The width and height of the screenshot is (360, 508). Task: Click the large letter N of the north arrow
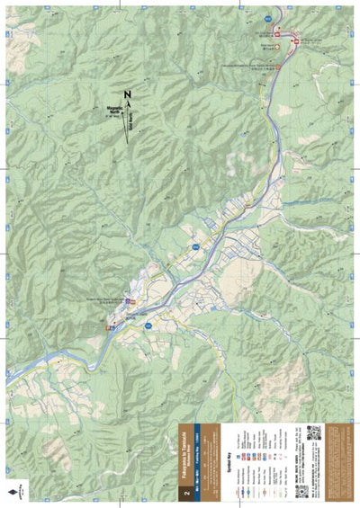127,95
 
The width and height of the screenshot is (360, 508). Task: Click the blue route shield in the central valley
193,245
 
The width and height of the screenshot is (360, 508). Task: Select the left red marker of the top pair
277,34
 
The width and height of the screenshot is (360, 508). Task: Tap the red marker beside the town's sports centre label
130,300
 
